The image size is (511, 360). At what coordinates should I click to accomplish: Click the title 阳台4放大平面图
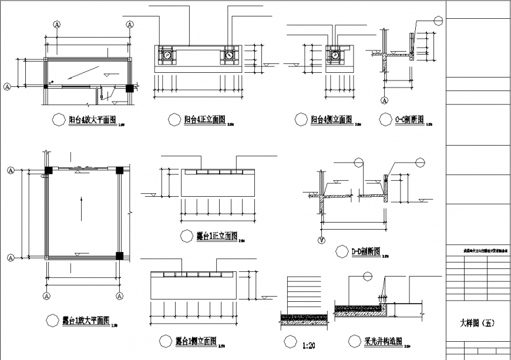tap(92, 119)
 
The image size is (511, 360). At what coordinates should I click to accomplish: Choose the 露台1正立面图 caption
tap(216, 235)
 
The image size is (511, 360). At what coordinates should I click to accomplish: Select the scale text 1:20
tap(310, 341)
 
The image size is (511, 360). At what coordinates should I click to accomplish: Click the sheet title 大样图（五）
tap(478, 323)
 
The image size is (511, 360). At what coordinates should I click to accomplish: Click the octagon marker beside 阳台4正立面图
tap(174, 119)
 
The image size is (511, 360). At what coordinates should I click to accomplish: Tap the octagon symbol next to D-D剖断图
tap(341, 251)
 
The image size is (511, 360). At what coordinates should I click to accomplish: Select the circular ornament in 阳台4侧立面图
tap(334, 55)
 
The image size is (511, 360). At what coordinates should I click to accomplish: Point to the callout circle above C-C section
tap(438, 20)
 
